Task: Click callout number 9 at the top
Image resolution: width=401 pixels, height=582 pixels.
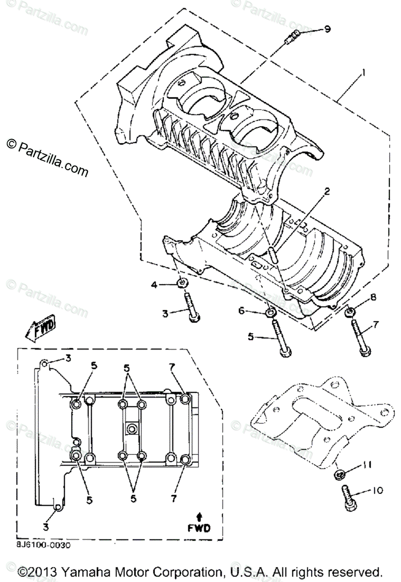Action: tap(328, 29)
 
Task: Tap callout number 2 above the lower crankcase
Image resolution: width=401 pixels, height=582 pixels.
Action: tap(327, 192)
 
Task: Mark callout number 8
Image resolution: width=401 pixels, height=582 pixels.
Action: tap(373, 297)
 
